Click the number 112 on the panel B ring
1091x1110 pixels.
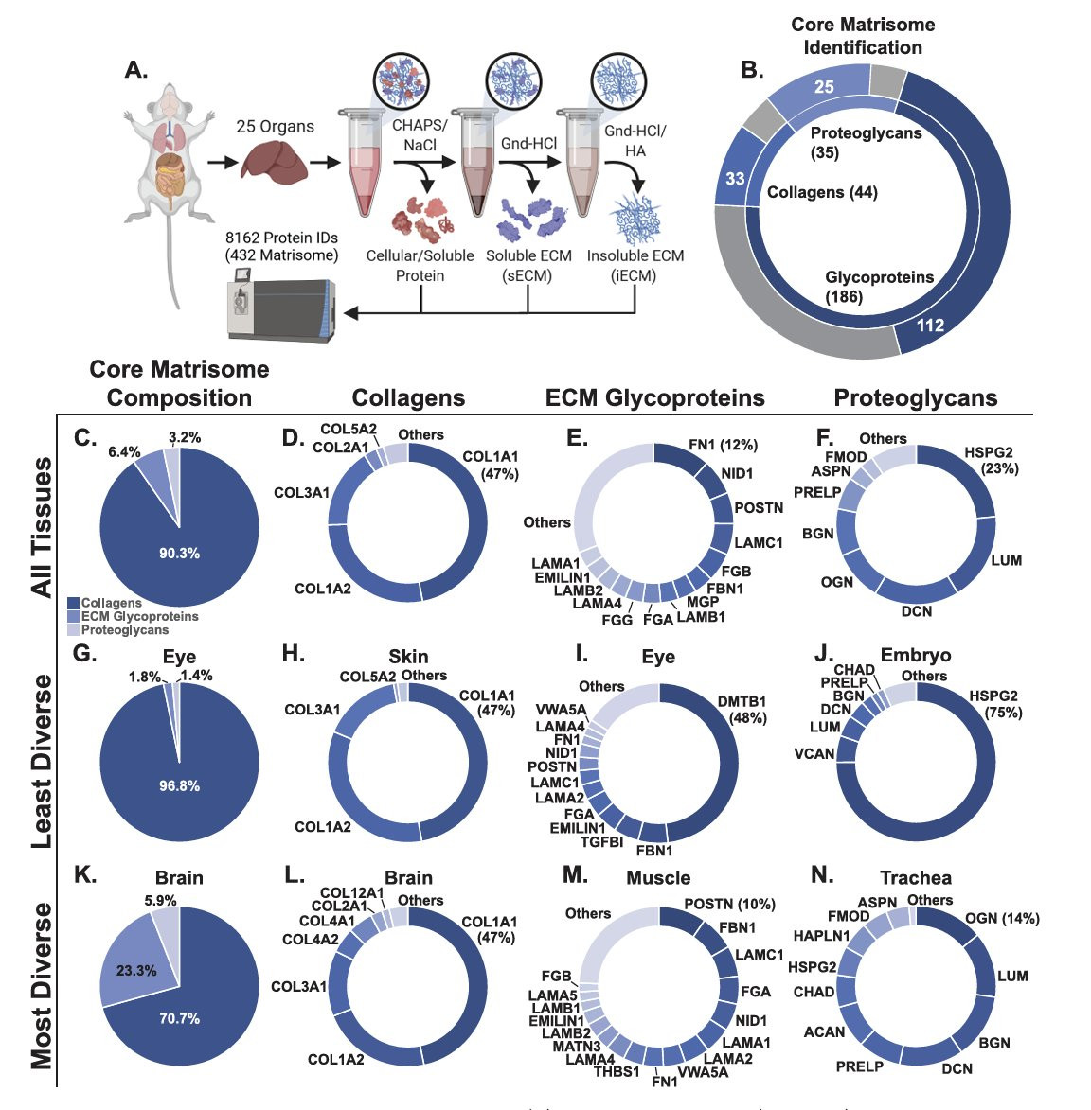click(930, 326)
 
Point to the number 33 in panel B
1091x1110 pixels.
click(735, 178)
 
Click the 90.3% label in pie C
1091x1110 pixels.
click(179, 553)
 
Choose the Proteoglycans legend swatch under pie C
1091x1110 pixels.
click(74, 630)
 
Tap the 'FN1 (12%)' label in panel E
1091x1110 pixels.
click(723, 445)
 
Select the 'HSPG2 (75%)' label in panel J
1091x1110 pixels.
click(993, 704)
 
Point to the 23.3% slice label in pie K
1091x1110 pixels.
click(137, 971)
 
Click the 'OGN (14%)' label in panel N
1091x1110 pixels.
click(1002, 918)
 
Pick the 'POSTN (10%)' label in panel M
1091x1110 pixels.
click(729, 904)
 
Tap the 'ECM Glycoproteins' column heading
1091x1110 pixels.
click(654, 398)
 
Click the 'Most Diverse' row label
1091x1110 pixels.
click(42, 985)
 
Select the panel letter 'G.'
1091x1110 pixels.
click(85, 653)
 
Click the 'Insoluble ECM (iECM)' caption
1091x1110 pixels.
click(635, 266)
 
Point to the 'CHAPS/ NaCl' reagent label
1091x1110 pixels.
click(420, 134)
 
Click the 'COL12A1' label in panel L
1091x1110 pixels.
click(351, 892)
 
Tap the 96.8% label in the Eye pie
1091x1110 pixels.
click(179, 785)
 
